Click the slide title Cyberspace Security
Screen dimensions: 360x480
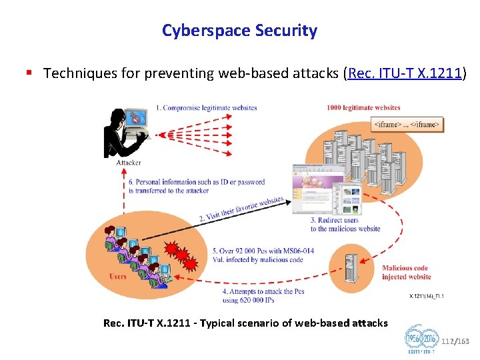(x=239, y=31)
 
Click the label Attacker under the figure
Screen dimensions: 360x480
(x=129, y=163)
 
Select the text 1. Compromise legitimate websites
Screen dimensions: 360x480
(x=206, y=107)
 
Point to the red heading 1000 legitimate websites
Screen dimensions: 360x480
(x=363, y=107)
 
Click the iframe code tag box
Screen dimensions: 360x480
(x=407, y=125)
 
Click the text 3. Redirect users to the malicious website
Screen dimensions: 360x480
(x=345, y=225)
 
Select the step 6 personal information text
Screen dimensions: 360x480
(x=197, y=186)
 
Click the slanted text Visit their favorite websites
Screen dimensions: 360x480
(x=241, y=208)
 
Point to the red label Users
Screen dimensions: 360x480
(x=117, y=277)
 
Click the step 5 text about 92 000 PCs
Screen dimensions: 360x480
(x=258, y=255)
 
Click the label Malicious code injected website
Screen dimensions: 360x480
(x=406, y=272)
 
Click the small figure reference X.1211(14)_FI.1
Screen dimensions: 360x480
(x=427, y=296)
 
